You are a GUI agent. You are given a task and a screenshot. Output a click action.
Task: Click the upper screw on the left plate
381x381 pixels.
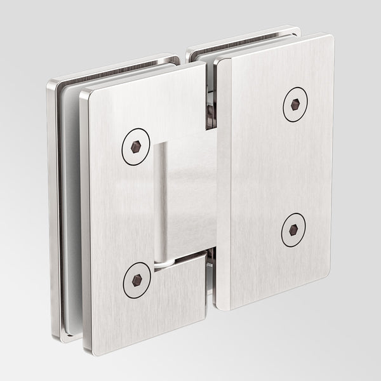point(135,147)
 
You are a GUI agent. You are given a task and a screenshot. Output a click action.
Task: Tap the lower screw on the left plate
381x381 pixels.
point(137,279)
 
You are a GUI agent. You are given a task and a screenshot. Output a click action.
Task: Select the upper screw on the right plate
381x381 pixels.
point(295,104)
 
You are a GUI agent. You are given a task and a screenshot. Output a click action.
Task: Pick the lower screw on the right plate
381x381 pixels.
point(293,230)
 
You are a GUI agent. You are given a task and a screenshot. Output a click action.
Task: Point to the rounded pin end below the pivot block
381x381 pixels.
point(163,262)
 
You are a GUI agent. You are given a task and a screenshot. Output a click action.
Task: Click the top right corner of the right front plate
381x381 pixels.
point(329,38)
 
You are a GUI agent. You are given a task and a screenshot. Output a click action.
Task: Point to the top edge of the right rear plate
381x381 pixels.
point(241,33)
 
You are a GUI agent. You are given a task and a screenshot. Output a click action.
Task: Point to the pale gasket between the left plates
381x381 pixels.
point(70,210)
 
